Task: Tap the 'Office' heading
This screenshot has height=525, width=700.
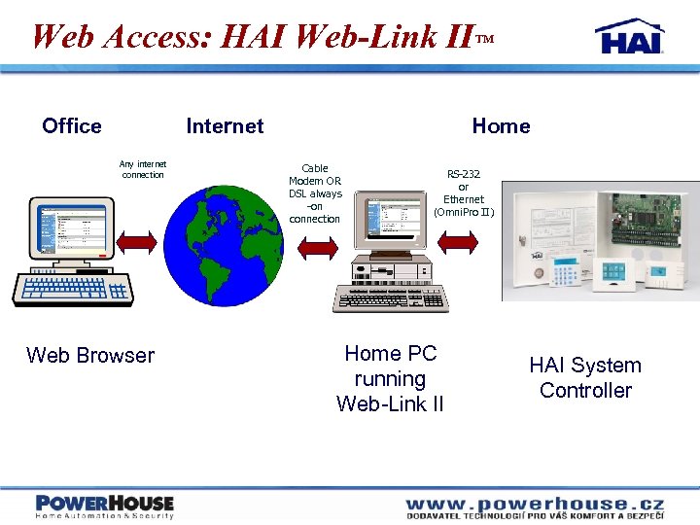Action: [x=72, y=125]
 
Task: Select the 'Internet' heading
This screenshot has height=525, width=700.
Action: [x=225, y=125]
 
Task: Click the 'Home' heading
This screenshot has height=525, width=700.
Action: [x=501, y=125]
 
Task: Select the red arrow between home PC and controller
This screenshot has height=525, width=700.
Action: [x=461, y=242]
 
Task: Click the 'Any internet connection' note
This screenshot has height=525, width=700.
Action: [x=143, y=169]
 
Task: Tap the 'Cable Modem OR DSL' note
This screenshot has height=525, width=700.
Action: [x=315, y=193]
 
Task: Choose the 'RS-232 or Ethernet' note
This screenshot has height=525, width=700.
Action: [x=464, y=192]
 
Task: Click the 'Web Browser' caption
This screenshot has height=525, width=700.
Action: [x=90, y=356]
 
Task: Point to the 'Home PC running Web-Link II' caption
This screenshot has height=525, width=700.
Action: [x=390, y=379]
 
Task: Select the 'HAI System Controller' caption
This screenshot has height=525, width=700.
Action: [x=585, y=378]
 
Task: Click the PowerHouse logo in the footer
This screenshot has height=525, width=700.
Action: [x=105, y=505]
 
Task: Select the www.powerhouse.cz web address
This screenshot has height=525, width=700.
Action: [x=535, y=503]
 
